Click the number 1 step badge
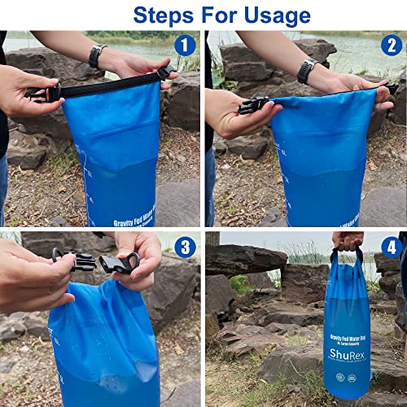click(x=186, y=46)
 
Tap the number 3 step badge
click(x=186, y=247)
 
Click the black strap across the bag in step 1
click(x=106, y=83)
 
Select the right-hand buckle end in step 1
click(x=166, y=72)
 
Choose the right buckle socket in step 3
click(x=119, y=262)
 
